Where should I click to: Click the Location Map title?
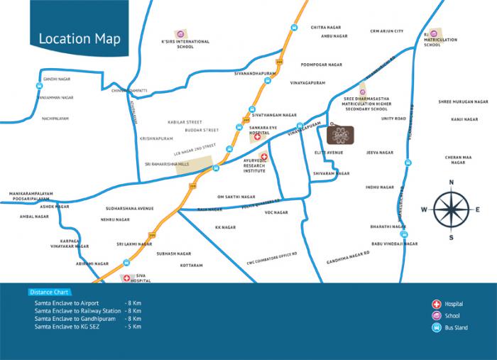pos(79,38)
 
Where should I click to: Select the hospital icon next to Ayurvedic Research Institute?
pos(264,156)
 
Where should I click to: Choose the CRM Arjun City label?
pos(387,31)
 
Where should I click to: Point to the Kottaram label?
pos(192,265)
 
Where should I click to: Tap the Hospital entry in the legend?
pos(452,303)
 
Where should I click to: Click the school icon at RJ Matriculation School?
pos(428,33)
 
